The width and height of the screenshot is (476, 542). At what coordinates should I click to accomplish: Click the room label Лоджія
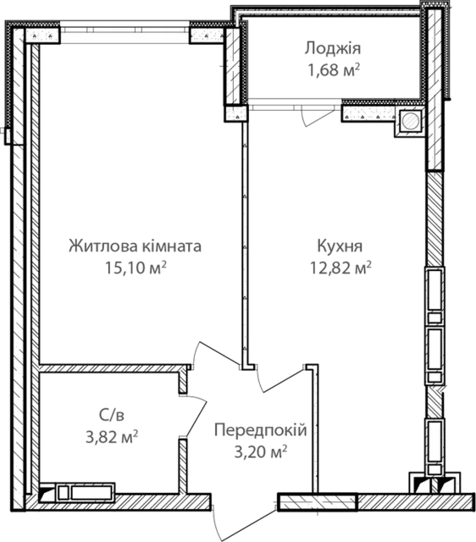coord(333,49)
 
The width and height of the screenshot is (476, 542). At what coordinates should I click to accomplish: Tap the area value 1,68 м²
coord(334,69)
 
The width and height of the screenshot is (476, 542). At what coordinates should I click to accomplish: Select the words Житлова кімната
coord(136,246)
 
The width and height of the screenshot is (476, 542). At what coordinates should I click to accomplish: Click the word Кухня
coord(340,246)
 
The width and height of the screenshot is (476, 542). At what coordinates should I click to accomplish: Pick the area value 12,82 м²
coord(340,268)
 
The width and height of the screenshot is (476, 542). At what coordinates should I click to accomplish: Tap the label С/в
coord(111,415)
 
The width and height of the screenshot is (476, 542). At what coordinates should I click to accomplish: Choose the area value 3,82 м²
coord(112,437)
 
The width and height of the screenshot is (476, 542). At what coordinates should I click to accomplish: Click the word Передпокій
coord(261,430)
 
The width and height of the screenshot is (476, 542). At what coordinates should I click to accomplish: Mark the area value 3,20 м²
coord(261,451)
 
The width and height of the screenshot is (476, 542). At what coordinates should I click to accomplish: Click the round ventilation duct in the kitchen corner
coord(411,121)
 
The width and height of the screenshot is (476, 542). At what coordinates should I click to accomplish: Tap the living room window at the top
coord(125,32)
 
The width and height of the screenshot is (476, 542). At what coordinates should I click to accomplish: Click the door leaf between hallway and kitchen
coord(284,380)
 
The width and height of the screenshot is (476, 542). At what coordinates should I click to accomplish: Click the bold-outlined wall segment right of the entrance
coord(318,502)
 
